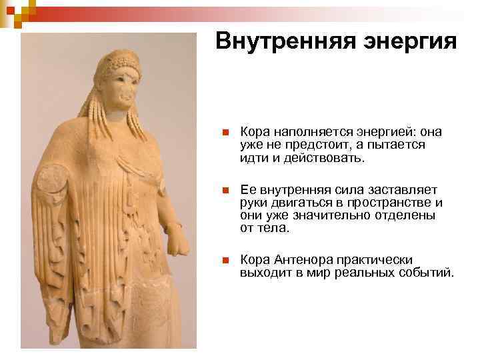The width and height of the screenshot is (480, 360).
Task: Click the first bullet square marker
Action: (x=226, y=132)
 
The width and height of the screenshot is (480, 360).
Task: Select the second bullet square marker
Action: (x=226, y=191)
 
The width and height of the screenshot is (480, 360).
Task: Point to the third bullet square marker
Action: (x=226, y=261)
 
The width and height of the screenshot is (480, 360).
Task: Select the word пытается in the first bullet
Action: (x=398, y=145)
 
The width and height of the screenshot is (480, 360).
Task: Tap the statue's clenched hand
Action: (x=177, y=240)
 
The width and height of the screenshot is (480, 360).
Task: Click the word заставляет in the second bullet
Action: (x=400, y=191)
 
